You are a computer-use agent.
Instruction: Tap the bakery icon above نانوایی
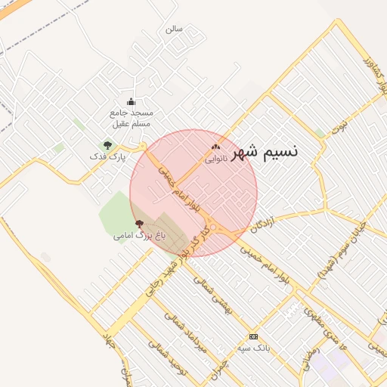point(216,147)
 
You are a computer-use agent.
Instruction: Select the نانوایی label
point(216,159)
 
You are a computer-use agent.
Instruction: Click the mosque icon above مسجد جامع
point(131,102)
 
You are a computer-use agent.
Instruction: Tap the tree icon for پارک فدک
point(107,144)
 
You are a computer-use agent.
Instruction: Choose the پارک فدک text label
point(106,156)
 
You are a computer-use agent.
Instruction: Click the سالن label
point(174,29)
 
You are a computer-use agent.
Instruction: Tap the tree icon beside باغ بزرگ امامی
point(138,224)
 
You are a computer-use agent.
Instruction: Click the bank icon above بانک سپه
point(253,336)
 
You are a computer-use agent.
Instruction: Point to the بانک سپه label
point(253,348)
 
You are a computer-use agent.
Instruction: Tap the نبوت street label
point(342,123)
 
